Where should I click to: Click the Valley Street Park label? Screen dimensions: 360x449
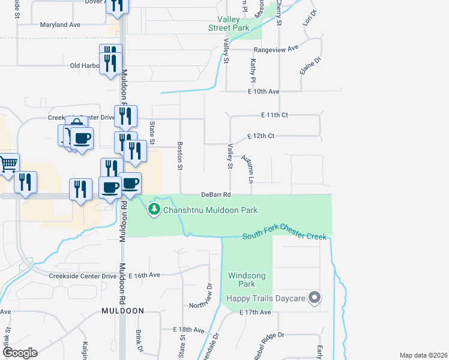click(228, 23)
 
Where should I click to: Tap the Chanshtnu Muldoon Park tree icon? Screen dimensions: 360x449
click(154, 209)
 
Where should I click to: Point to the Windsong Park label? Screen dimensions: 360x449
click(242, 280)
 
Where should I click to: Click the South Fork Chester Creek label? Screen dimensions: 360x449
click(285, 236)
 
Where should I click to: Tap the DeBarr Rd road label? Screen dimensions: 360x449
click(216, 195)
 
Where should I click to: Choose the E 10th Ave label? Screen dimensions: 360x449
click(264, 92)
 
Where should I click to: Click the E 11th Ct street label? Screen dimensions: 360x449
click(275, 115)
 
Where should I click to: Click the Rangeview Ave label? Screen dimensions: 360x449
click(276, 49)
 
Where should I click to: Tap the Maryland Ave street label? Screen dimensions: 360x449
click(60, 25)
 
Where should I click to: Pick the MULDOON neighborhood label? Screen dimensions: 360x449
click(122, 311)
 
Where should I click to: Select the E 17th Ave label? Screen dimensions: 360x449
click(256, 313)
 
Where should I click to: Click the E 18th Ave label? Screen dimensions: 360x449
click(188, 330)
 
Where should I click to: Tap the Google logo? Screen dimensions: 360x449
click(20, 353)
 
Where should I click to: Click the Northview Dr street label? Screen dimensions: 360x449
click(201, 297)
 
